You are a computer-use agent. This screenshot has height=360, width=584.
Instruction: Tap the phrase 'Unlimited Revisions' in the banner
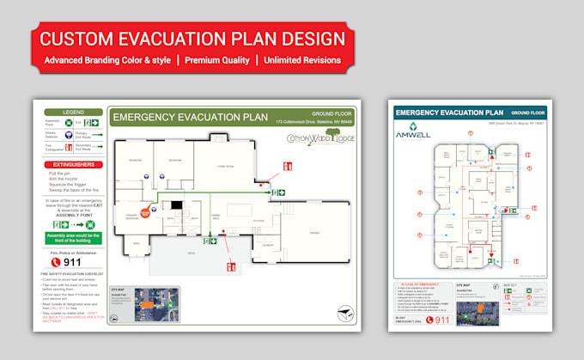pos(302,61)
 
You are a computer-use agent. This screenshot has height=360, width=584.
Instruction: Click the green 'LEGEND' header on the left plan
pos(71,113)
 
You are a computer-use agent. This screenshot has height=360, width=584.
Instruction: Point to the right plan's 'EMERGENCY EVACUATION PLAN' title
pos(449,113)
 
